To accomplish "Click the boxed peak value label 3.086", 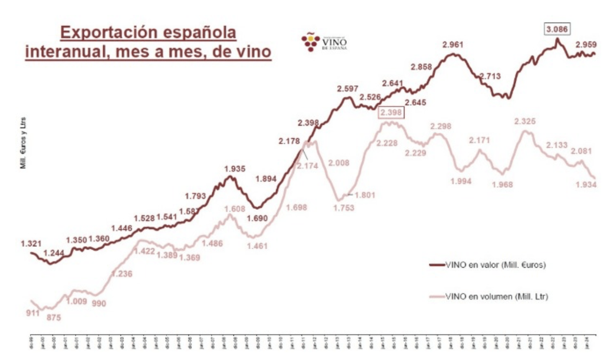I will coord(557,29).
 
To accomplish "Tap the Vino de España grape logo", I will coord(310,42).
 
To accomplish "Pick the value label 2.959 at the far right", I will coord(586,45).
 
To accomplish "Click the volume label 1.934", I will coord(586,185).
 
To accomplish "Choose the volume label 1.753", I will coord(343,208).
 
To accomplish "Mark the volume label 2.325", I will coord(524,121).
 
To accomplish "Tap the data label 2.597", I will coord(348,89).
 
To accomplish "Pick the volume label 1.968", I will coord(503,185).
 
